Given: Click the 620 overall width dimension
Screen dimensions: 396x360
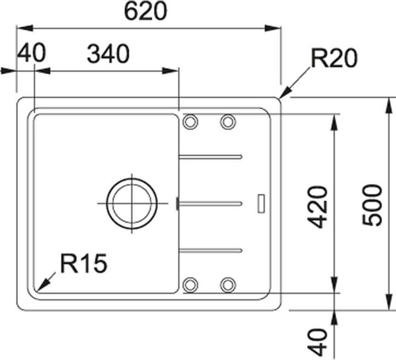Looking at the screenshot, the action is click(146, 12).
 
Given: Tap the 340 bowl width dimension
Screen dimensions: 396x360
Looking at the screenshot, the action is click(108, 54).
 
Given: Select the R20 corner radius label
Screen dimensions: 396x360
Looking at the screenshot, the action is click(334, 58).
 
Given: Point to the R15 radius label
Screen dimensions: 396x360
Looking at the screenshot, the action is click(84, 264).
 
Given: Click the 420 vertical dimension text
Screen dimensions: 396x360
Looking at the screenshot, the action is click(317, 207).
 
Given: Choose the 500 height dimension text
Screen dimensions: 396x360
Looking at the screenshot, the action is click(372, 205).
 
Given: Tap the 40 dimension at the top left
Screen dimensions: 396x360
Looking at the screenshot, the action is click(31, 53).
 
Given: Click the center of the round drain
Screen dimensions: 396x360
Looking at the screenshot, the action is click(132, 203).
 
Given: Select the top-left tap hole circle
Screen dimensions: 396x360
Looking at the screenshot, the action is click(190, 122).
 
